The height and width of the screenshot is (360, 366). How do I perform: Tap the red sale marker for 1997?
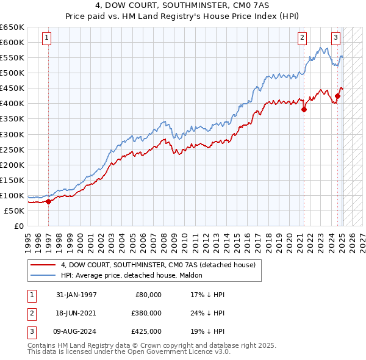[48, 201]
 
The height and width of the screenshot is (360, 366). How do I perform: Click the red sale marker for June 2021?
[304, 110]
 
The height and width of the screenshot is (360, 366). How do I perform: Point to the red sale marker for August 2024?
[337, 96]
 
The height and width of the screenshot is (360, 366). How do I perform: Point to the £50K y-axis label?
[15, 211]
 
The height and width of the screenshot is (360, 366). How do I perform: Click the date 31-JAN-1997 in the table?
[76, 295]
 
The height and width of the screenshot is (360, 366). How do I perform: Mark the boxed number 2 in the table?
[30, 313]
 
